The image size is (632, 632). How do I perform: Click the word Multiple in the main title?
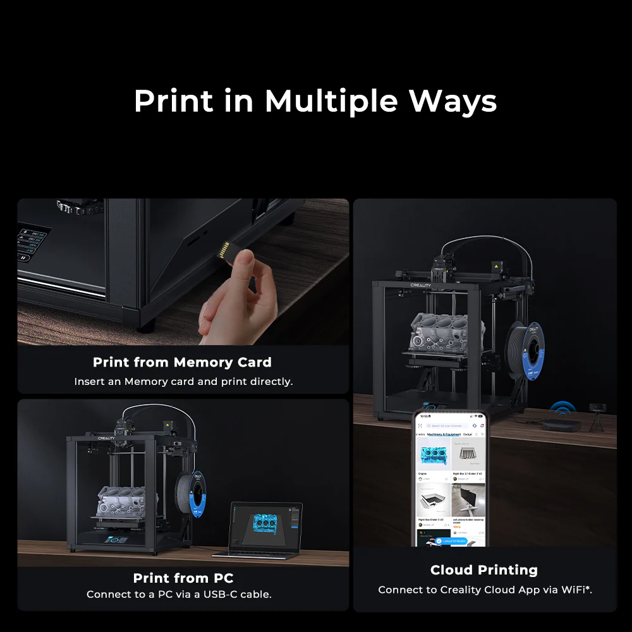(331, 102)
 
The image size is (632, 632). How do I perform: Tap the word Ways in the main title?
(453, 102)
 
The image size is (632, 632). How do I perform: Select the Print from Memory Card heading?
(182, 362)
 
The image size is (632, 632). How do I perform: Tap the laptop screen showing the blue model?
(265, 526)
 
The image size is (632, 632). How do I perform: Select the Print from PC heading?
(183, 578)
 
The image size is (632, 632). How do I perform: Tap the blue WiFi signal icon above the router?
(562, 408)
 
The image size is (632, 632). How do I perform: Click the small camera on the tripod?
(597, 409)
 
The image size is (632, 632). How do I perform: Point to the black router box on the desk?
(561, 425)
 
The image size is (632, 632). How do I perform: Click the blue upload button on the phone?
(451, 542)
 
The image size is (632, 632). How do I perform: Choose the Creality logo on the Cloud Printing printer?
(420, 286)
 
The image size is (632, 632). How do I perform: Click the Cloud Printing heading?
(483, 570)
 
